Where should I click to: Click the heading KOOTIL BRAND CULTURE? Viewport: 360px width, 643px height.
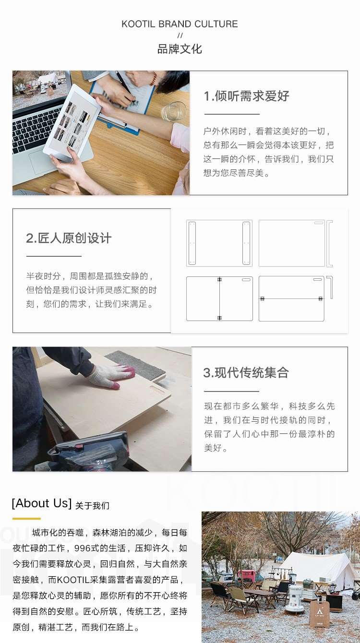180,24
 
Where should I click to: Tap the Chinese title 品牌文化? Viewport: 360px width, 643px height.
180,49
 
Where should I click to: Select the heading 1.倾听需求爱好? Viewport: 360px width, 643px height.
246,96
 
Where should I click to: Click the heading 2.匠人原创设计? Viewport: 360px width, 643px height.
69,238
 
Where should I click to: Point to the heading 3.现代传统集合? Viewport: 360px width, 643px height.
246,372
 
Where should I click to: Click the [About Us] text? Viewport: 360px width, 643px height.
42,503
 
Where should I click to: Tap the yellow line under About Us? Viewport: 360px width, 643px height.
26,519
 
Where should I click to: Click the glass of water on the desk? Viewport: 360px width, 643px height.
173,111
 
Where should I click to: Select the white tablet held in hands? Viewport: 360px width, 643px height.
72,123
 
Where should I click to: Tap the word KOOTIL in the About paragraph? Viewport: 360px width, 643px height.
73,580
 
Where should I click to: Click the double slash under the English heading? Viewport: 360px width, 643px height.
180,36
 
